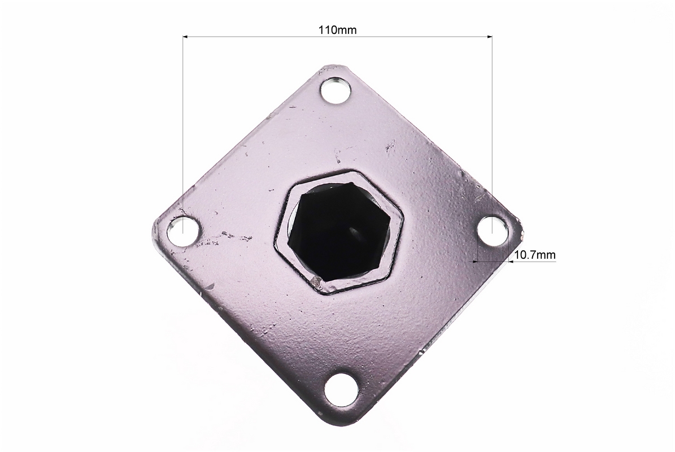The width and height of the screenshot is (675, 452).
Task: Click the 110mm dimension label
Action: click(337, 30)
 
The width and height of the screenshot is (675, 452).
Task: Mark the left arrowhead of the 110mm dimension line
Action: click(186, 37)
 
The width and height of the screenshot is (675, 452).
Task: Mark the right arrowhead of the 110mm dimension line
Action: click(489, 37)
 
